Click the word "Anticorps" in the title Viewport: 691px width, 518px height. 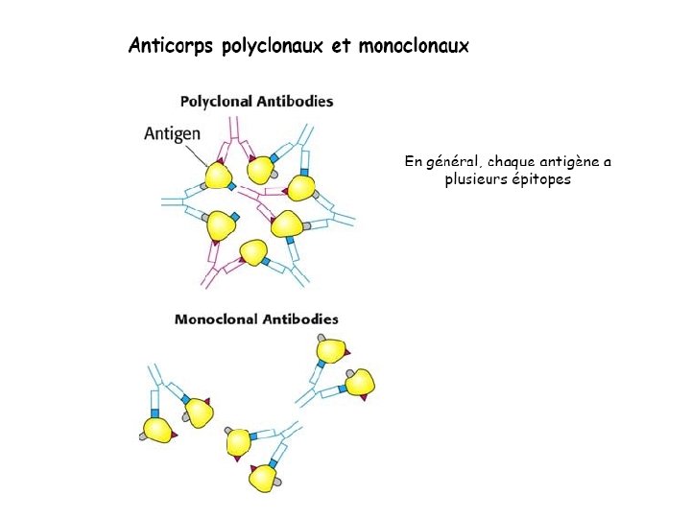tap(172, 45)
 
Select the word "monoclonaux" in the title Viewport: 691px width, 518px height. tap(415, 45)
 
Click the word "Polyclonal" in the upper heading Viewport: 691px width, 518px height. tap(216, 101)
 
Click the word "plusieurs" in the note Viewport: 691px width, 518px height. tap(475, 179)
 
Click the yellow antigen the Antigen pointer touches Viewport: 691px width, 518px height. tap(218, 176)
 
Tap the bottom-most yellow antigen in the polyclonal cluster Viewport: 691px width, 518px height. tap(253, 252)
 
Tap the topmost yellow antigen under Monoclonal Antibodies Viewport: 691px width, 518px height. tap(332, 350)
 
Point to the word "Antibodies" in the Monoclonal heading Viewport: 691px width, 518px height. tap(298, 319)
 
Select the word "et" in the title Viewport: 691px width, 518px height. tap(342, 45)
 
